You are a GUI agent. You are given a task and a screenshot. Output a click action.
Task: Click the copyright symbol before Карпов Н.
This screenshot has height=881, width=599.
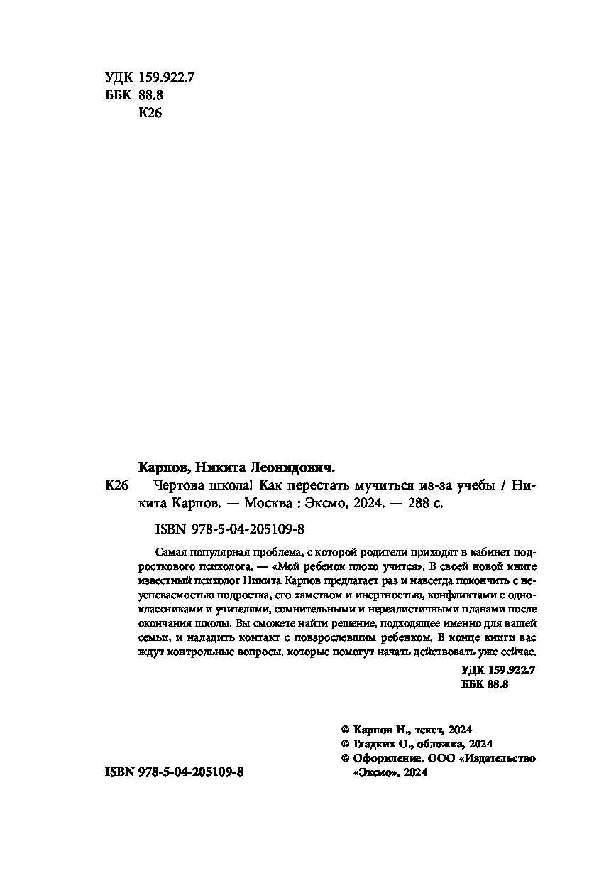tap(346, 730)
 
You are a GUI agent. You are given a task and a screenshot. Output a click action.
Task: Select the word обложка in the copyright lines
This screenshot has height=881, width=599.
tap(438, 744)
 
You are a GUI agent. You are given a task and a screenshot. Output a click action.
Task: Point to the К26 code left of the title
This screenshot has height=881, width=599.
tap(115, 487)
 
